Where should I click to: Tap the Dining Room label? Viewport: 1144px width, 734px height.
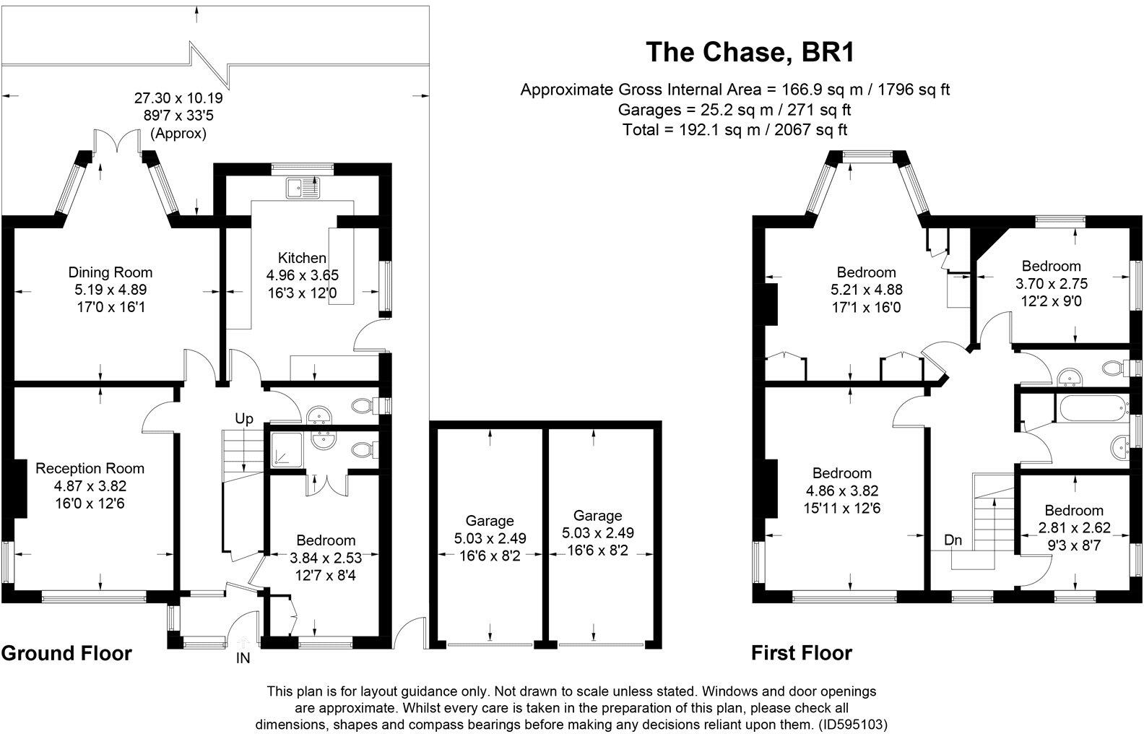110,272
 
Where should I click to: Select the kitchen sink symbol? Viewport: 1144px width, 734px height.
303,188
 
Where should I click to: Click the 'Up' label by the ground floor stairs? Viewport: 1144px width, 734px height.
244,418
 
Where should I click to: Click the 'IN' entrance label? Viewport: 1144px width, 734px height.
243,658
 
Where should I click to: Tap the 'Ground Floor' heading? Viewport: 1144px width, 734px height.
66,653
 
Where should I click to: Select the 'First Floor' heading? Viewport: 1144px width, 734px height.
802,653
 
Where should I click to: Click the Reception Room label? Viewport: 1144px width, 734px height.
90,468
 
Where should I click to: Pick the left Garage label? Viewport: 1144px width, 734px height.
490,520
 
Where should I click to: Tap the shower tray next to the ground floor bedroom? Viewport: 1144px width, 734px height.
287,451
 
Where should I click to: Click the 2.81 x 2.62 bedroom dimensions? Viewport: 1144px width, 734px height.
1074,527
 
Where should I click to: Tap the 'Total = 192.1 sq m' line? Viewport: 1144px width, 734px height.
734,130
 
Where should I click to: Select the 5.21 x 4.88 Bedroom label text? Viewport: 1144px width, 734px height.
866,290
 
